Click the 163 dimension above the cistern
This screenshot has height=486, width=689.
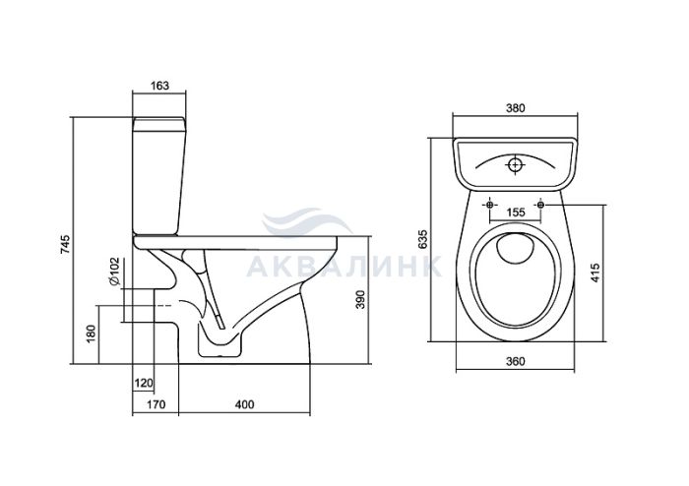point(159,86)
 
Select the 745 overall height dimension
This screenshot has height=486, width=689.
point(65,245)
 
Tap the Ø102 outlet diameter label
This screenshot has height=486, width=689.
point(114,272)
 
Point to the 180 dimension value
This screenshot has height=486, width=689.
point(91,334)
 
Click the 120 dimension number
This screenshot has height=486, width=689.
point(144,384)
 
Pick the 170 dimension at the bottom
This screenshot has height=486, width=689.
point(156,404)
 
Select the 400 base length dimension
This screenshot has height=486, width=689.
point(244,404)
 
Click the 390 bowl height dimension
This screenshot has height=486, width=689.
point(360,299)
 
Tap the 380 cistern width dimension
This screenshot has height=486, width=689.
point(516,107)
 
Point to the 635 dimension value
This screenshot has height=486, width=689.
point(422,239)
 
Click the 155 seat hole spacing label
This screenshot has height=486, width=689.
point(516,213)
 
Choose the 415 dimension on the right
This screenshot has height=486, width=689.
point(595,273)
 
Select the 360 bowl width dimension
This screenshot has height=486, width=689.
point(516,361)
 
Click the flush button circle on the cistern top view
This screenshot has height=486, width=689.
point(515,164)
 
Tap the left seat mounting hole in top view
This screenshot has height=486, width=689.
point(490,205)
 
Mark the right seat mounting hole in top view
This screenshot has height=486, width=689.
point(540,205)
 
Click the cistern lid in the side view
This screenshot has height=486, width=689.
point(159,124)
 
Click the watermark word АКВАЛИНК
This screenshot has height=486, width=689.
point(344,266)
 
